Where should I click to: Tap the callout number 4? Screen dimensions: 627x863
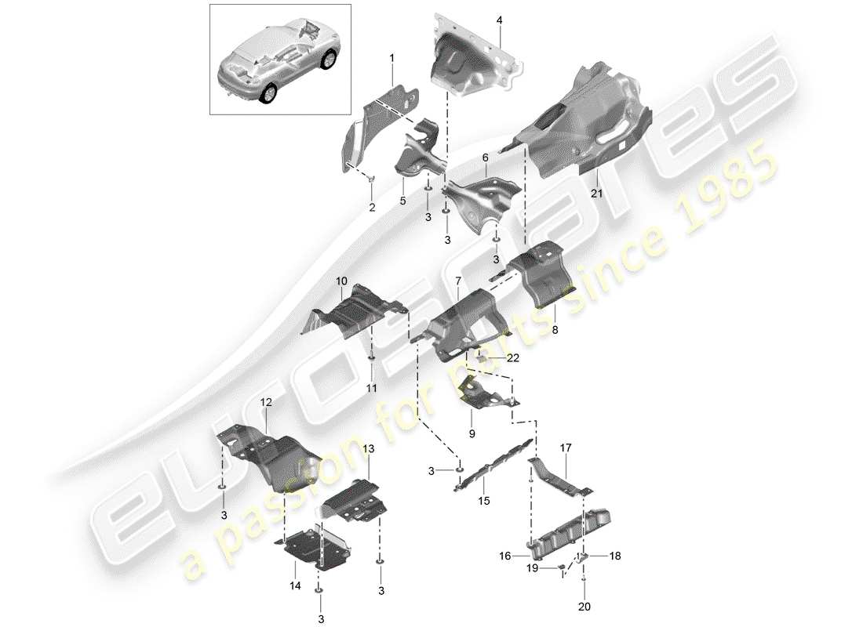coord(500,20)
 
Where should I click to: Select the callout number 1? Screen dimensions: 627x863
coord(391,57)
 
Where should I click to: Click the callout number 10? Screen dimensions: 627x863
coord(341,280)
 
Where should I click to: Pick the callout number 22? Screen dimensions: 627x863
coord(513,358)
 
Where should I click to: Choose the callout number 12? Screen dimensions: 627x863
coord(266,402)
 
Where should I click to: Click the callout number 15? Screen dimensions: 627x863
coord(483,501)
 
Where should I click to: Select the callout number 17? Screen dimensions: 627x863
coord(566,448)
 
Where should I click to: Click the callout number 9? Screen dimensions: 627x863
coord(472,433)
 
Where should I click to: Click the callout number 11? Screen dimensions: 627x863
coord(371,387)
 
